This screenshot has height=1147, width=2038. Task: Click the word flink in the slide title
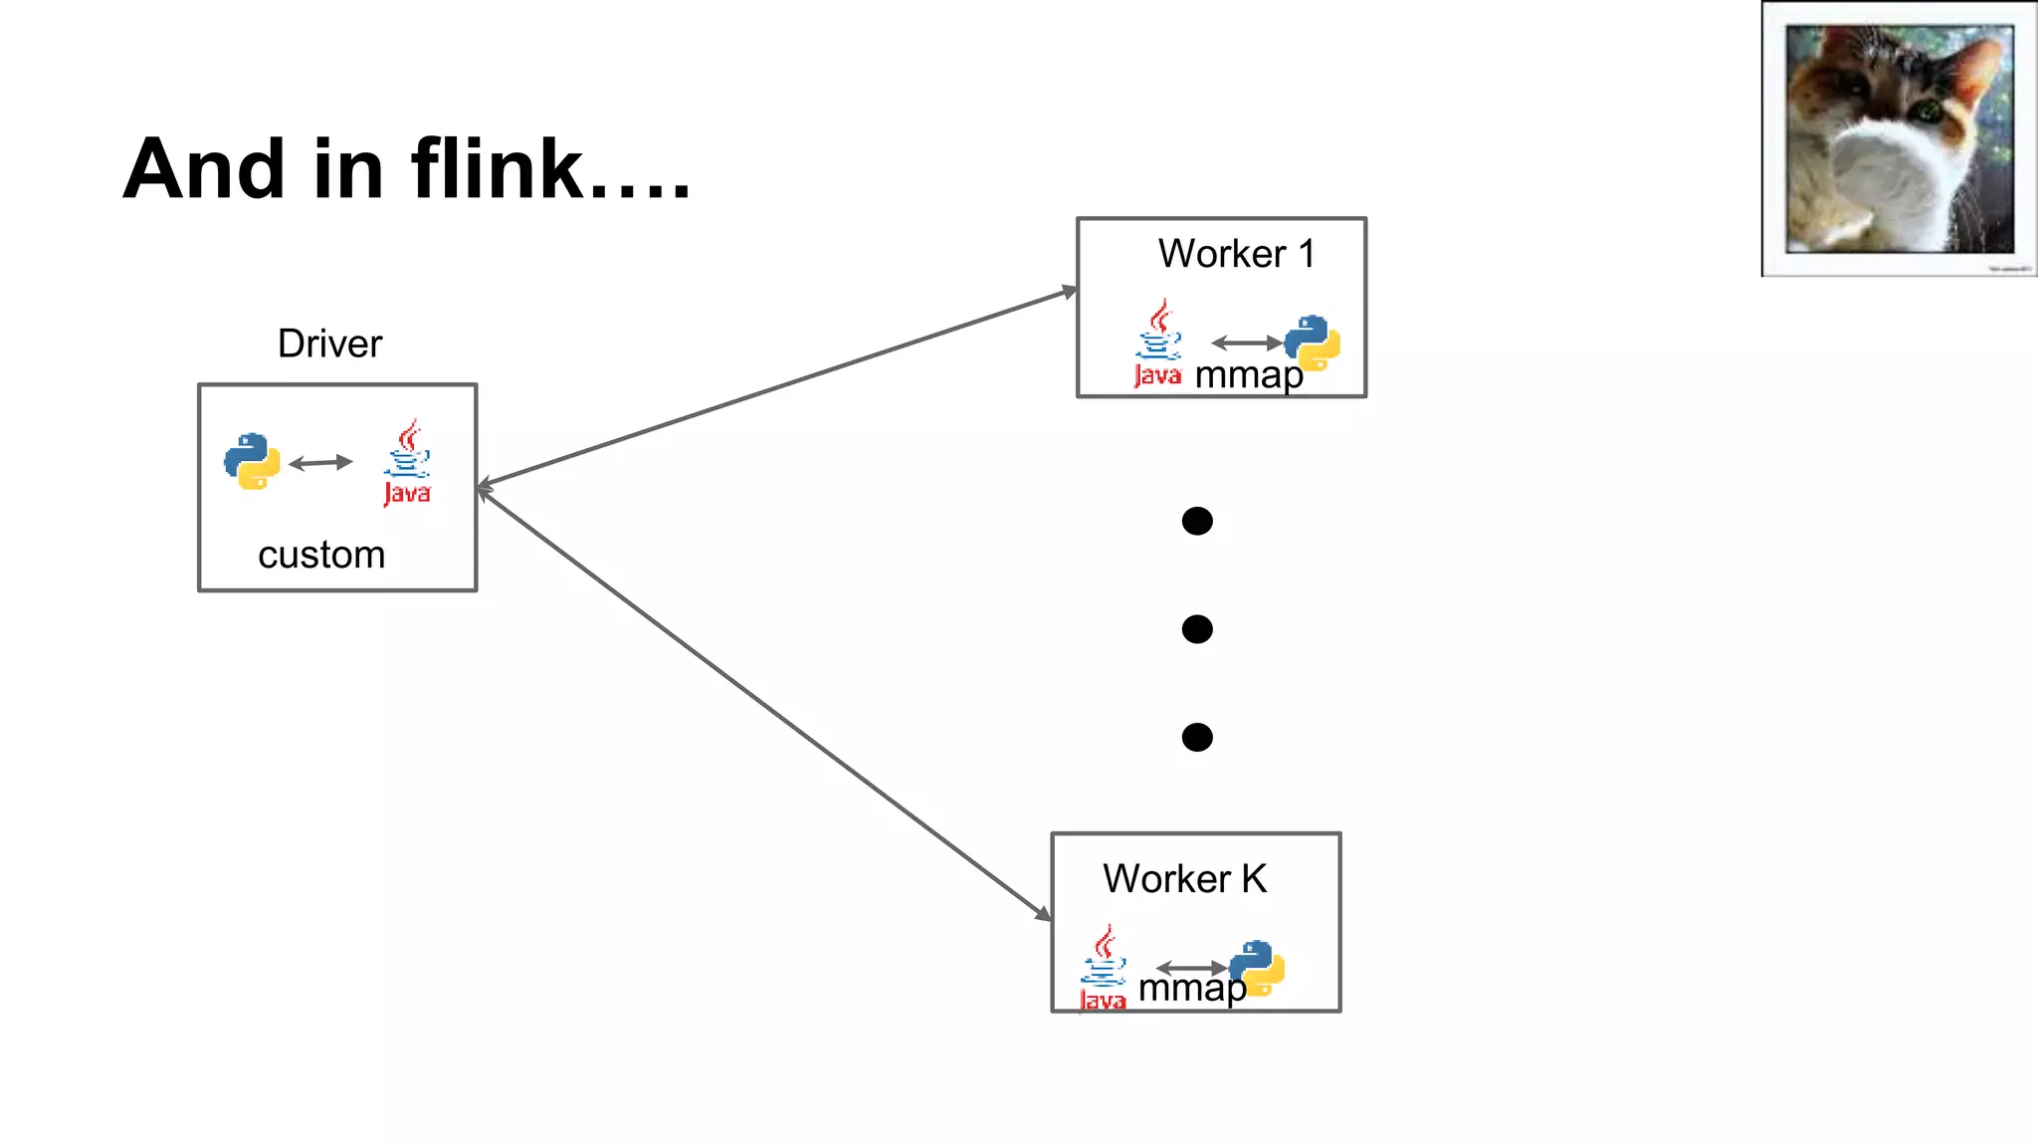coord(498,169)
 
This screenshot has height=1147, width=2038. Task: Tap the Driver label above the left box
coord(329,344)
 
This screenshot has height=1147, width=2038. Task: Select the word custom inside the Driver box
coord(321,555)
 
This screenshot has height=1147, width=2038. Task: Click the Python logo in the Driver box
coord(252,461)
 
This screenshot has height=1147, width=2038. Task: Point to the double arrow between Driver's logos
coord(320,463)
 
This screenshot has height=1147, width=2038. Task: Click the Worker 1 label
coord(1236,254)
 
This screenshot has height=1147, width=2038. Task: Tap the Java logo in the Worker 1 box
coord(1158,344)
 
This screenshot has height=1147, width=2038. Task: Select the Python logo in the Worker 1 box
coord(1313,343)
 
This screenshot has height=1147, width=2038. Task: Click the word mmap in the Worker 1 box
coord(1249,375)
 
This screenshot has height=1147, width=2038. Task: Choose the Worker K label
coord(1184,879)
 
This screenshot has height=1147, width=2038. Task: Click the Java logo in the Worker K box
coord(1104,969)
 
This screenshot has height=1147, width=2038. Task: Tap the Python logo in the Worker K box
coord(1257,968)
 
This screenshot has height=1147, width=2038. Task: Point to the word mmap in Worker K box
coord(1191,988)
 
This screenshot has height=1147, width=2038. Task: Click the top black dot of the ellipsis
coord(1197,521)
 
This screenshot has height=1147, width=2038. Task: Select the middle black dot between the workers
coord(1197,629)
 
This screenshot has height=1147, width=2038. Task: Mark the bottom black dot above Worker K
coord(1197,737)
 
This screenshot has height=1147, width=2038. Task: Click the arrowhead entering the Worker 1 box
coord(1069,292)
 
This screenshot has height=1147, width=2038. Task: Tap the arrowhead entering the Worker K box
coord(1043,913)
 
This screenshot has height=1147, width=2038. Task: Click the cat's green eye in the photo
coord(1928,110)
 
